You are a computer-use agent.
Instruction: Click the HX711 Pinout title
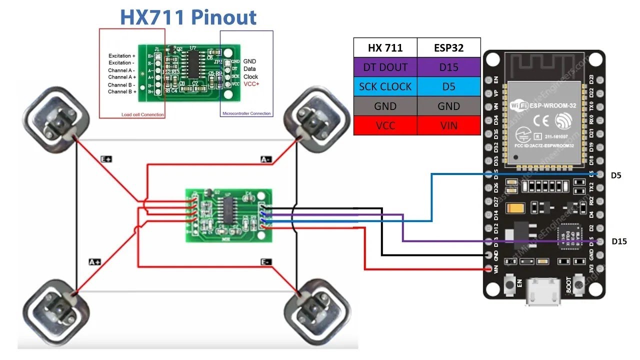click(x=188, y=17)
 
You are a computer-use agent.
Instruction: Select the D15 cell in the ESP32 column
click(x=448, y=67)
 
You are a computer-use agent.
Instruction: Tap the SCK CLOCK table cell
click(x=385, y=86)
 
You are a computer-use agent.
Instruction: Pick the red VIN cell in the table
click(x=448, y=125)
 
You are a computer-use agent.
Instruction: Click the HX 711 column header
click(x=385, y=48)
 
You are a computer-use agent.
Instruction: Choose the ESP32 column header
click(x=448, y=48)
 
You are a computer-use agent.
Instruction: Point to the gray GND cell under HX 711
click(x=385, y=106)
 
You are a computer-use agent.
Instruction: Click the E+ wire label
click(x=106, y=159)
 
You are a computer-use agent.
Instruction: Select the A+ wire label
click(x=94, y=261)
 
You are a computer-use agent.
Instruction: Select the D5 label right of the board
click(x=615, y=175)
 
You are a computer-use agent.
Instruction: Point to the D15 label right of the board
click(x=619, y=241)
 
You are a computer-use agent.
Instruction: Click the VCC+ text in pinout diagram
click(x=251, y=84)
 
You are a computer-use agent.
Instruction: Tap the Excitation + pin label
click(x=122, y=56)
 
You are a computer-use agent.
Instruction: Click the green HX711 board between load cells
click(x=229, y=215)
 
